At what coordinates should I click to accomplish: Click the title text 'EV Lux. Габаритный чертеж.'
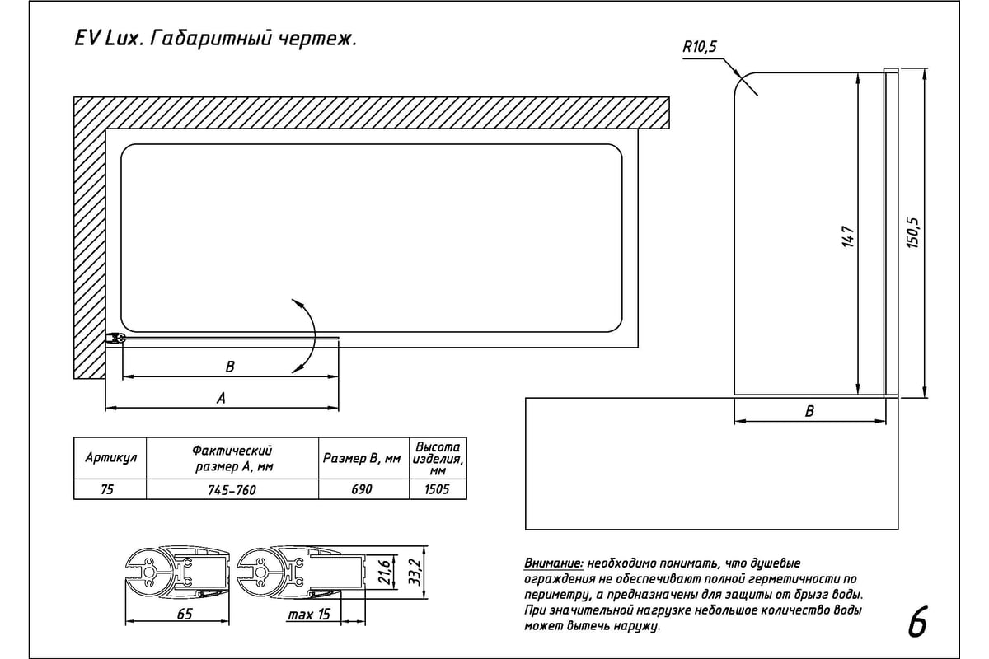click(x=214, y=40)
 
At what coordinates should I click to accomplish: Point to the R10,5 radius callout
click(x=700, y=48)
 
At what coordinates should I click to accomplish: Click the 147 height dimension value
click(x=847, y=235)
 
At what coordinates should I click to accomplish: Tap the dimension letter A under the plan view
click(x=221, y=398)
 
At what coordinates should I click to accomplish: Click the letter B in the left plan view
click(x=230, y=367)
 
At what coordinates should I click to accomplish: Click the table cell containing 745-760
click(x=232, y=489)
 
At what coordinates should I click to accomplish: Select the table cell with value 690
click(x=363, y=489)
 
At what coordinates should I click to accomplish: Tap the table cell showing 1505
click(x=438, y=489)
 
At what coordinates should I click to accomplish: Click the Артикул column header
click(x=110, y=458)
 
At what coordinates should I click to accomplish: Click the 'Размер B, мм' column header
click(x=363, y=459)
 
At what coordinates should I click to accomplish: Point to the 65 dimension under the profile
click(x=185, y=614)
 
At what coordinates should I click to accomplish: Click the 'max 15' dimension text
click(x=310, y=615)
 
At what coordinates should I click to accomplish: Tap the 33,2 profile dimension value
click(x=414, y=570)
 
